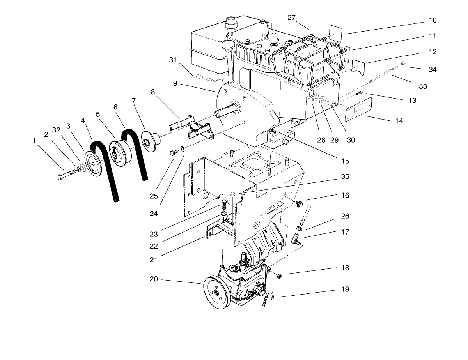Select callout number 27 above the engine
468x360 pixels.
pos(292,17)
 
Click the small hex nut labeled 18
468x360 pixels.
pos(279,276)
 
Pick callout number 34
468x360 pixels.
pos(422,70)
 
